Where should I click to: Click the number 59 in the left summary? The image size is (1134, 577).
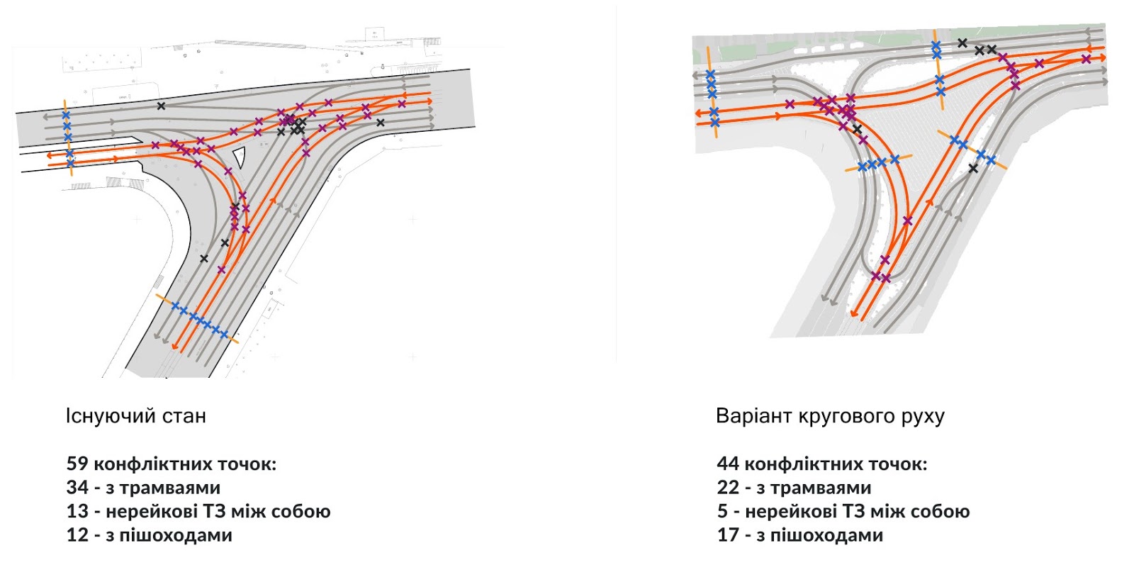pos(77,464)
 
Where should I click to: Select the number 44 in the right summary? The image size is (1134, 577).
pos(728,464)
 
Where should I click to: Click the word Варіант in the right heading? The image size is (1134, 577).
pos(753,415)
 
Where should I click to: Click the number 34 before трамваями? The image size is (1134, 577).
pos(77,488)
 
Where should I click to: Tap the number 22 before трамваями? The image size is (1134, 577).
pos(728,488)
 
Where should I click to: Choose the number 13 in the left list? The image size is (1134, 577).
pos(77,511)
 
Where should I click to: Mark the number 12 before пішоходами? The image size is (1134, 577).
pos(77,535)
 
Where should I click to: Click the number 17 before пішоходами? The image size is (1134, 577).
pos(728,535)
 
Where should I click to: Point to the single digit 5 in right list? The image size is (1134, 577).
pos(722,511)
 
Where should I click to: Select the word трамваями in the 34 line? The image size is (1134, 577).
pos(170,488)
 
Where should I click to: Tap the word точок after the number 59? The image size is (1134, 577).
pos(247,464)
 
